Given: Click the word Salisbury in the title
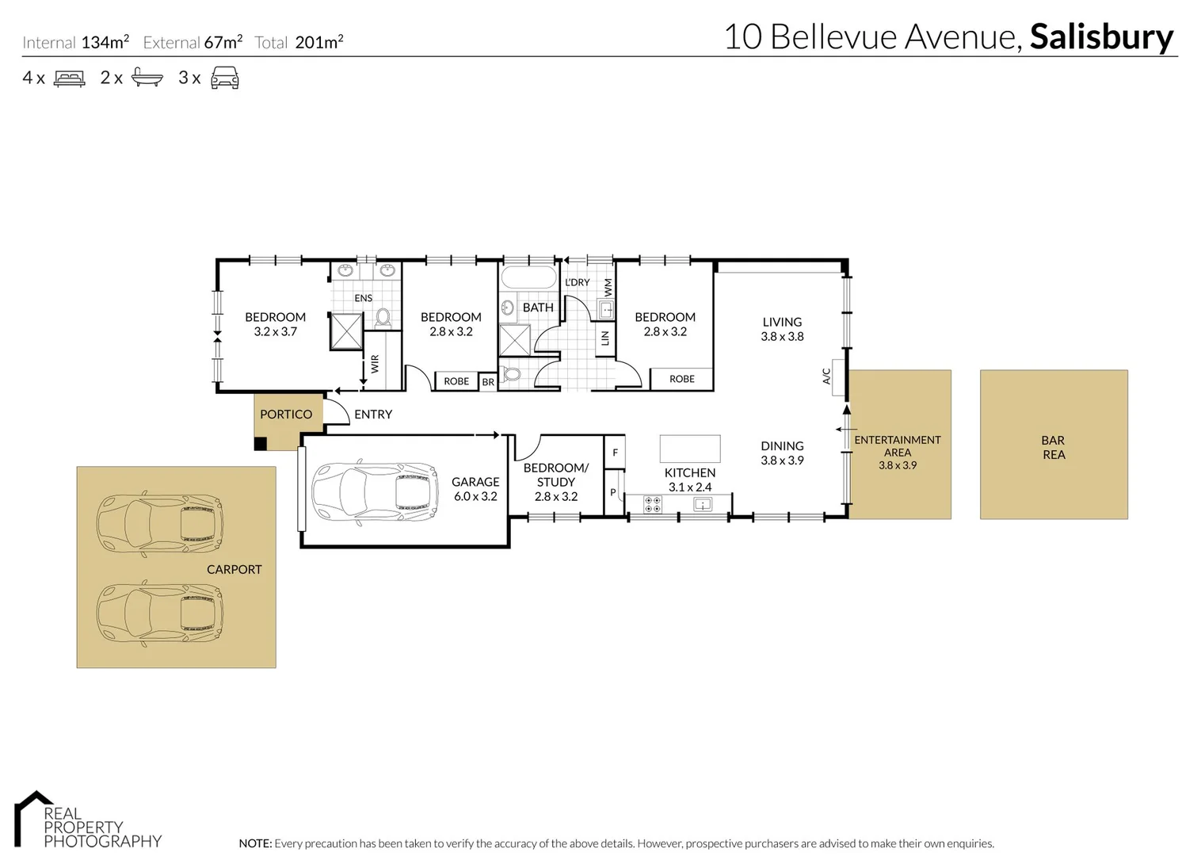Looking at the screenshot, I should (x=1101, y=37).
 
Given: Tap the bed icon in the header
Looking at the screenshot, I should (x=69, y=78).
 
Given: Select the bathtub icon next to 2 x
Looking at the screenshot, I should (x=148, y=78).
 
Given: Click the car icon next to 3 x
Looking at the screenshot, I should (x=225, y=78).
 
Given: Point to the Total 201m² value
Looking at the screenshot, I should (x=318, y=43).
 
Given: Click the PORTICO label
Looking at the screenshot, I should (x=286, y=415).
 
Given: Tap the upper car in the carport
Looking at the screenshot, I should (x=160, y=524).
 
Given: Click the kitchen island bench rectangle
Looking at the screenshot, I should (x=690, y=449).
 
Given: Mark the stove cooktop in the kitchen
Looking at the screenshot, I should (x=653, y=505).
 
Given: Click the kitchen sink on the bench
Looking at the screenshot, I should (x=703, y=504).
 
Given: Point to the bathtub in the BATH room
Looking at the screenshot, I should (x=529, y=278).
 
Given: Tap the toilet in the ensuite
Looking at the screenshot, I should (x=383, y=319).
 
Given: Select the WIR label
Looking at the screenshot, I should (x=375, y=364).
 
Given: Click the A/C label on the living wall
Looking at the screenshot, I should (x=826, y=376).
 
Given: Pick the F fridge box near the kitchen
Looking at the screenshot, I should (x=615, y=453).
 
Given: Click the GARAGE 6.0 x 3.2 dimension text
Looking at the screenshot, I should (x=475, y=497).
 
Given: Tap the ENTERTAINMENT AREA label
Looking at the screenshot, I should (x=898, y=446).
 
